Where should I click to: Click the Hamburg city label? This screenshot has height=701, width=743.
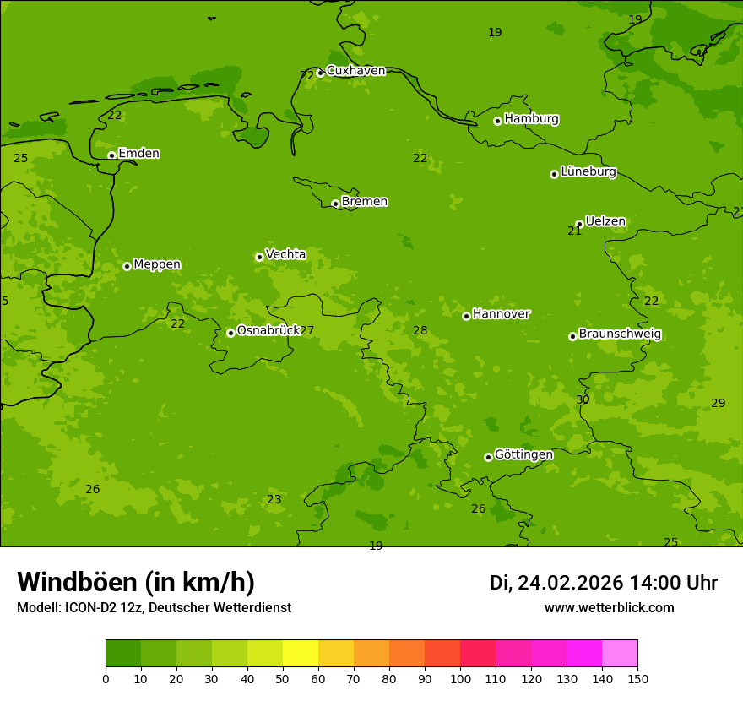[x=531, y=119]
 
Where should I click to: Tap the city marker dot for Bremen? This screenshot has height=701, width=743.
[x=335, y=204]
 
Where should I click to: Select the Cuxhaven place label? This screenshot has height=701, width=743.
[x=355, y=71]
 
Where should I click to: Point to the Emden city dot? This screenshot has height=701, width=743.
[x=111, y=155]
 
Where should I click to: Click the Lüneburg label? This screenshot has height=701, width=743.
[x=588, y=172]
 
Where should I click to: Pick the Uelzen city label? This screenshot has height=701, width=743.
[x=605, y=222]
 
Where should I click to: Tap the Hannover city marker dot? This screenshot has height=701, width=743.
[x=466, y=316]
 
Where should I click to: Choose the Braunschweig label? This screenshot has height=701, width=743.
[x=620, y=334]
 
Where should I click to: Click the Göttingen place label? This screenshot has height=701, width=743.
[x=523, y=455]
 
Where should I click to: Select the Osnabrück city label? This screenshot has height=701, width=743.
[x=268, y=331]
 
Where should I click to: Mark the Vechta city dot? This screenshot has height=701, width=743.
[x=259, y=257]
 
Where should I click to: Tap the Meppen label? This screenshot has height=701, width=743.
[x=157, y=265]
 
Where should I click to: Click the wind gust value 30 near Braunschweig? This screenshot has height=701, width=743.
[x=583, y=399]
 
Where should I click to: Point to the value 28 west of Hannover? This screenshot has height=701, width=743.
[x=420, y=331]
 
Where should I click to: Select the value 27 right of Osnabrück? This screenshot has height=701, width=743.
[x=307, y=331]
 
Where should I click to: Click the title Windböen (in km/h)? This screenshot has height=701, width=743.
[x=136, y=582]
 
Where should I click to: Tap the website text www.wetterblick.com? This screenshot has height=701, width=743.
[x=609, y=608]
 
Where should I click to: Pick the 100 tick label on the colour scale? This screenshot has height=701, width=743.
[x=460, y=678]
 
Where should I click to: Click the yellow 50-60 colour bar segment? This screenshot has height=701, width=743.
[x=301, y=654]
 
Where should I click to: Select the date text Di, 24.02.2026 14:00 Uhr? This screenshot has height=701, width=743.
[x=603, y=583]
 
